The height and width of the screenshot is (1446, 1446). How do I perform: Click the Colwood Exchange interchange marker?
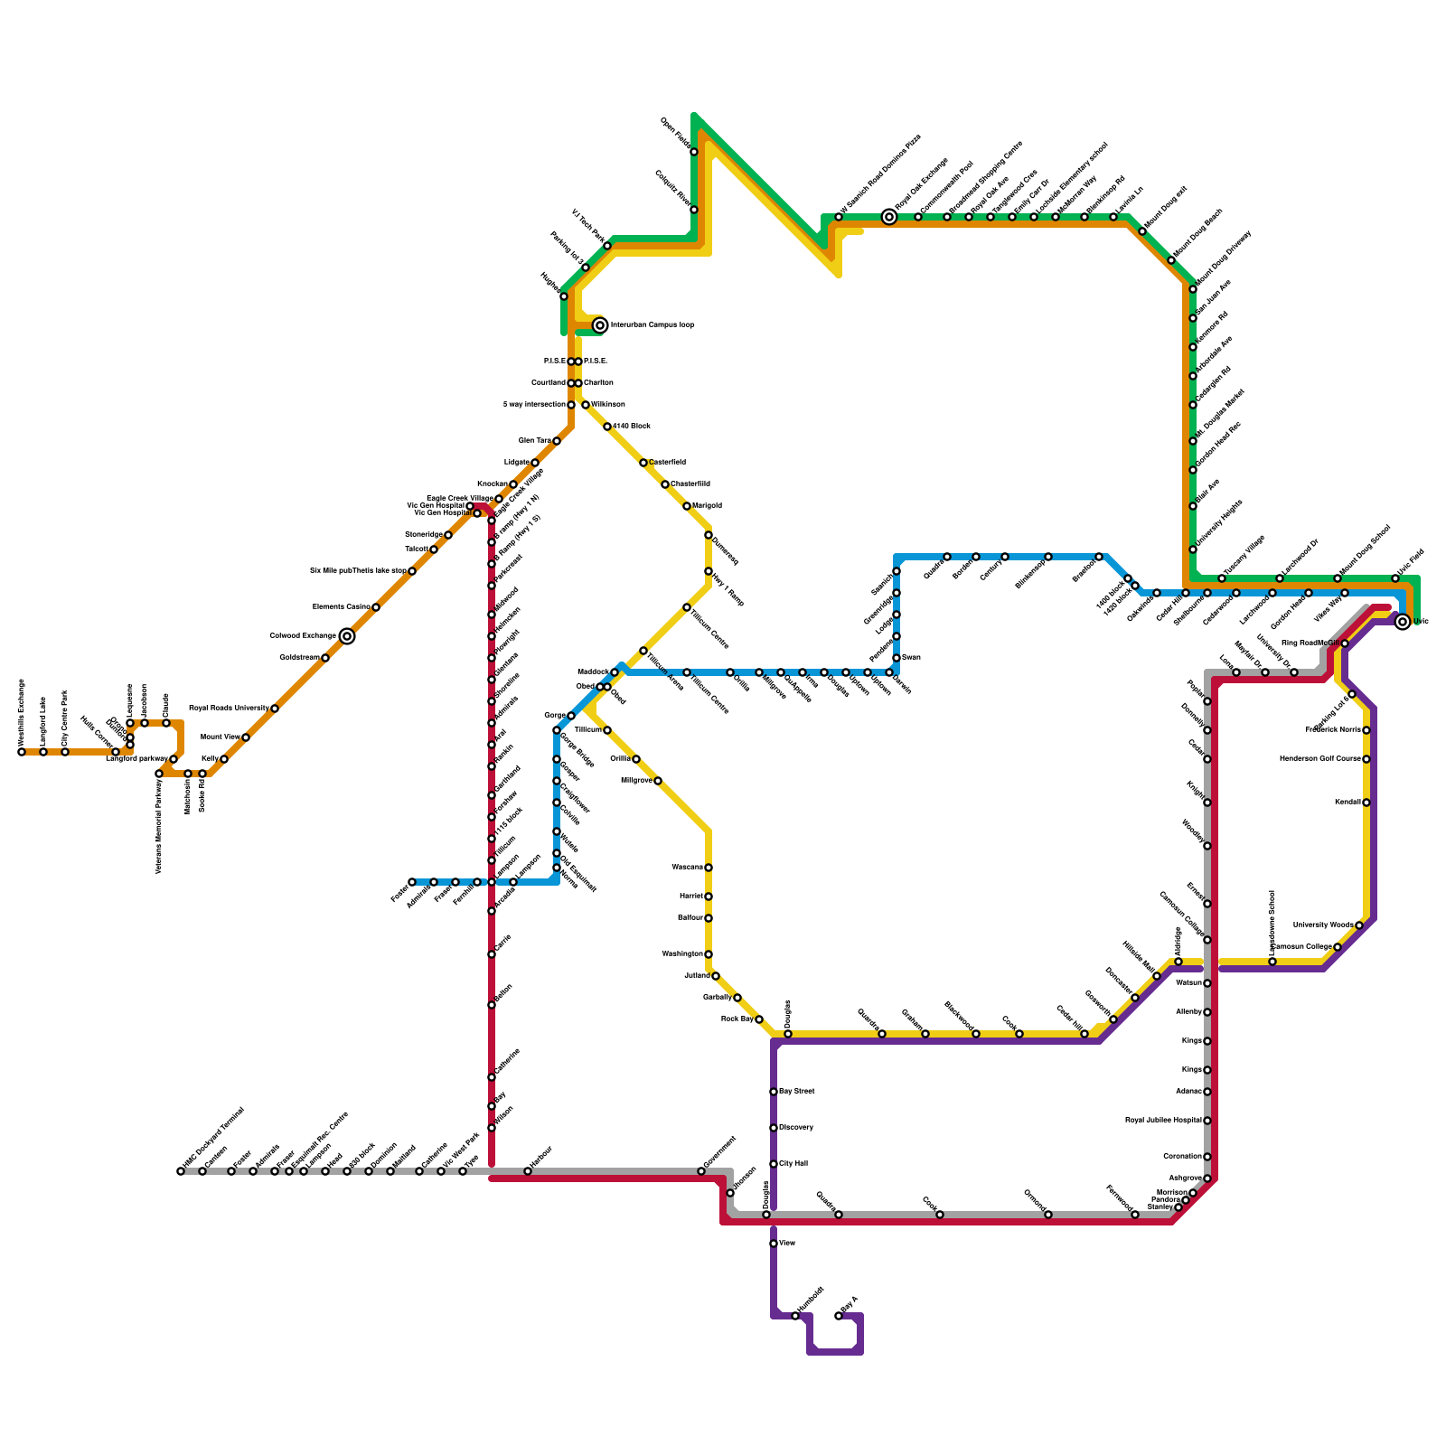(347, 636)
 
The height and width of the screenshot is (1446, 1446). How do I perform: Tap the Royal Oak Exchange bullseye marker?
(889, 217)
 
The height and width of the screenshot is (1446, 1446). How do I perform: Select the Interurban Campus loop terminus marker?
(600, 325)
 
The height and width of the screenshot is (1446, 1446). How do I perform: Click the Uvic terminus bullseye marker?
(1403, 622)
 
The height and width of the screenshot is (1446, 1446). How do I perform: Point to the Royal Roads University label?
(229, 709)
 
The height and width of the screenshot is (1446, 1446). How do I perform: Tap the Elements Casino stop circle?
(376, 607)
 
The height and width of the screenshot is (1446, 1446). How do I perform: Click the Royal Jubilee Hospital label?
(1163, 1121)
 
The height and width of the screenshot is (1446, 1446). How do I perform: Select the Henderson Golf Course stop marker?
(1366, 759)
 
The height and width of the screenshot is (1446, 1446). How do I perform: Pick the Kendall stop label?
(1347, 803)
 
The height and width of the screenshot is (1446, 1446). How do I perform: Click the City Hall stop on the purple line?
(774, 1164)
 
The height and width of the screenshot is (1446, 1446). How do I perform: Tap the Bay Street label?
(797, 1092)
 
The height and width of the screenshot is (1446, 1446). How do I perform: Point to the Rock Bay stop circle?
(759, 1019)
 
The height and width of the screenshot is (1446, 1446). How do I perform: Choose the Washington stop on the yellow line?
(709, 954)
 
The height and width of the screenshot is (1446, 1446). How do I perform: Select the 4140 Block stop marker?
(607, 427)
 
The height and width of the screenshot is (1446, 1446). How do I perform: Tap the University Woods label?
(1322, 925)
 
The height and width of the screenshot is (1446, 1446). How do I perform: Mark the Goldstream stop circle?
(325, 658)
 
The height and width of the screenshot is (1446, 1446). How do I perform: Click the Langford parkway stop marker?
(174, 759)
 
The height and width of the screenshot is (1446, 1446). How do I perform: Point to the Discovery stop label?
(796, 1128)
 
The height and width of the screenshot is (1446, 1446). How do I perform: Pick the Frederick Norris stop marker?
(1366, 730)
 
